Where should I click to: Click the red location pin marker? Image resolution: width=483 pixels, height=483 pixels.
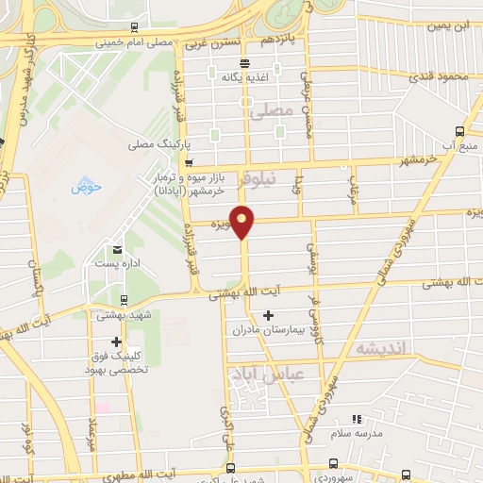coord(242,221)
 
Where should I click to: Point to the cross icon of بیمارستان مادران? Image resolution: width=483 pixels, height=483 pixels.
coord(269,315)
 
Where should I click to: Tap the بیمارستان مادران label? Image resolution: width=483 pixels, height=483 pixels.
coord(270,331)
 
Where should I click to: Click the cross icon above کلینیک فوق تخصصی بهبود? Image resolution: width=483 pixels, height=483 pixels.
coord(117,341)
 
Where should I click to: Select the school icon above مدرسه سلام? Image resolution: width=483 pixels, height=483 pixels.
coord(357,419)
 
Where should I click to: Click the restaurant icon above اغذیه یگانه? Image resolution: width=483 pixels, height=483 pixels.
coord(245,64)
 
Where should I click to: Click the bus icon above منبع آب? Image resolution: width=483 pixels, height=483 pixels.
coord(460,131)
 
